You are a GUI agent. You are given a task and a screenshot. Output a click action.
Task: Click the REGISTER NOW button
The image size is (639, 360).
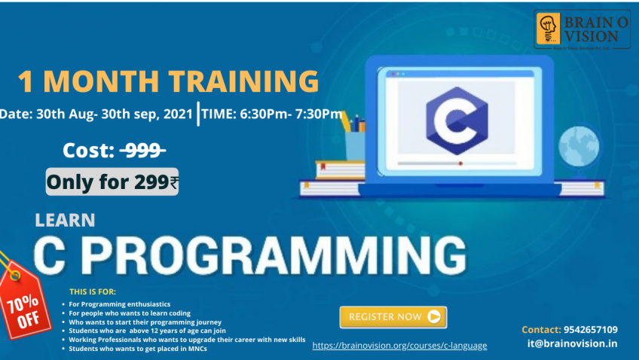(x=393, y=317)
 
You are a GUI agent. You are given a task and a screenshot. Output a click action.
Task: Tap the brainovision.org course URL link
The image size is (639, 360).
(x=399, y=346)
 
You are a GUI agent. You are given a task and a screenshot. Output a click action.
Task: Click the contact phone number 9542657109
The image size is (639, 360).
(x=590, y=329)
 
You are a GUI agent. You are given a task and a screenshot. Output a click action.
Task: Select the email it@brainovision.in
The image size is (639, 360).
(x=573, y=343)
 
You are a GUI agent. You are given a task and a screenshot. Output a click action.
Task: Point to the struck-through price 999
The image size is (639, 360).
(x=143, y=151)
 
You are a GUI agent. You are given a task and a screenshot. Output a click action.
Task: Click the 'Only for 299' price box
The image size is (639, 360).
(x=112, y=182)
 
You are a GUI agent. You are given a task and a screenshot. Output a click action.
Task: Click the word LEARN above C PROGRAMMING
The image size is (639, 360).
(x=65, y=221)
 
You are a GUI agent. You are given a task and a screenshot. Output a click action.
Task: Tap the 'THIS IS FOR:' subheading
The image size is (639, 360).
(x=93, y=291)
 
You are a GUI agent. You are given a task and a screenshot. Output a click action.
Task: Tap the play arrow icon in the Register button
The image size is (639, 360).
(x=433, y=317)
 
